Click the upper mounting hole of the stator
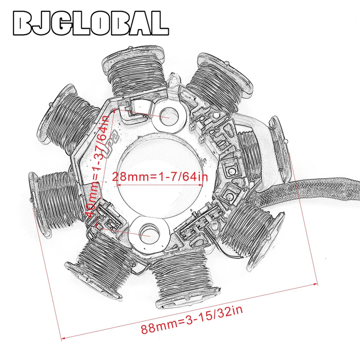pyautogui.click(x=168, y=117)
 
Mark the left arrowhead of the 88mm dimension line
pyautogui.click(x=62, y=338)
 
